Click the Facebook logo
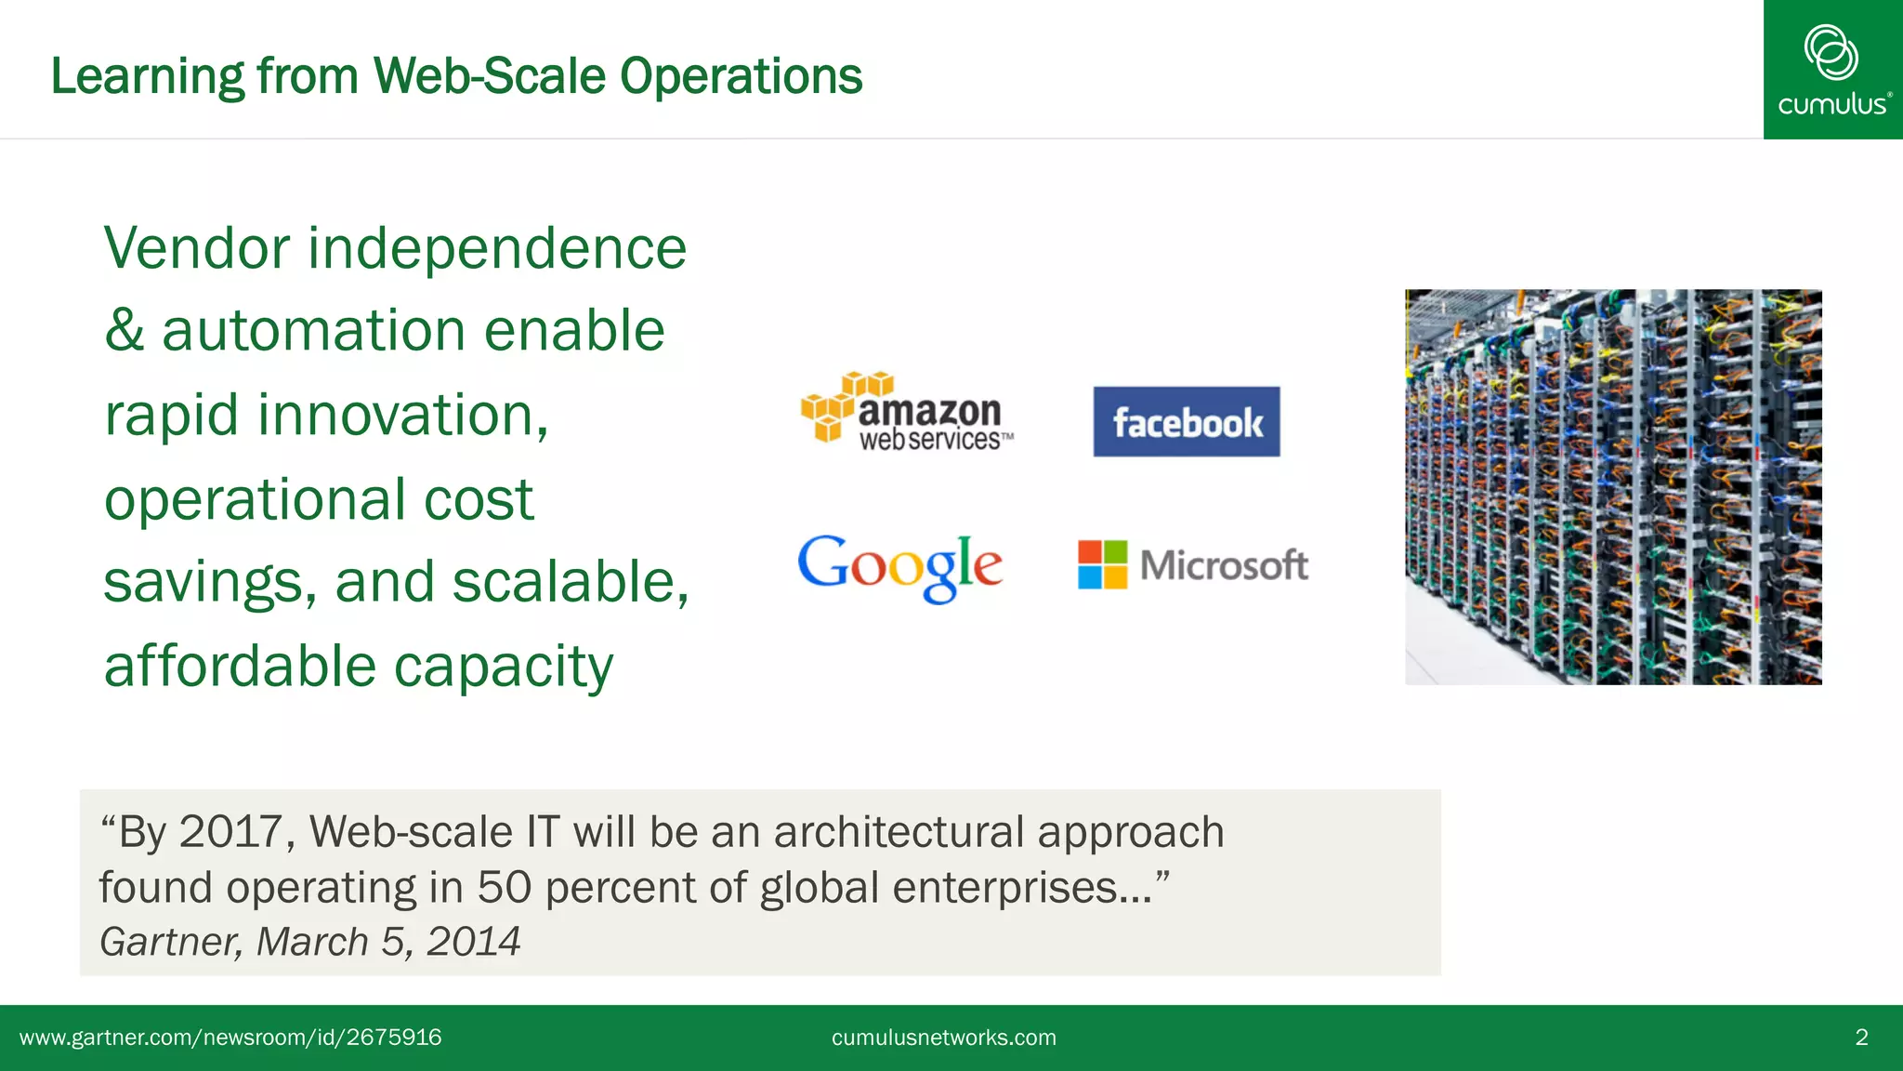pyautogui.click(x=1187, y=422)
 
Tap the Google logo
pyautogui.click(x=899, y=566)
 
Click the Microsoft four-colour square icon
pyautogui.click(x=1102, y=564)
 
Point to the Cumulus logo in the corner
pyautogui.click(x=1832, y=70)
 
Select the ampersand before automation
pyautogui.click(x=124, y=331)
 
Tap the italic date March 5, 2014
pyautogui.click(x=387, y=942)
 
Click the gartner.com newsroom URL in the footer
pyautogui.click(x=230, y=1038)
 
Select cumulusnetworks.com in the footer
pyautogui.click(x=943, y=1038)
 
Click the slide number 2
pyautogui.click(x=1861, y=1038)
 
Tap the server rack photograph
pyautogui.click(x=1613, y=487)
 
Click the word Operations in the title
pyautogui.click(x=741, y=76)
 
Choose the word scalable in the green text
pyautogui.click(x=570, y=583)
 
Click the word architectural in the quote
pyautogui.click(x=899, y=831)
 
